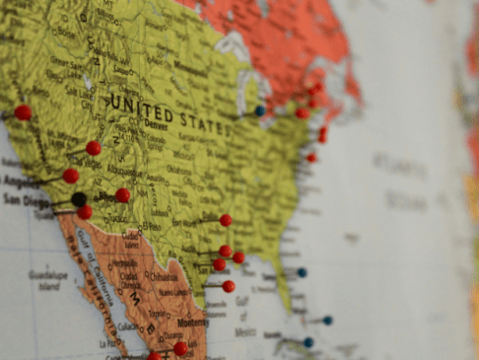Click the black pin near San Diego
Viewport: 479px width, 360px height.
click(x=79, y=199)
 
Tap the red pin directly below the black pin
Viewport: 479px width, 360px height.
click(x=85, y=212)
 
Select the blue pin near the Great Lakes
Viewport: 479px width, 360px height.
click(x=260, y=111)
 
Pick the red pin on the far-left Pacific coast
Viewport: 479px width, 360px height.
click(x=23, y=112)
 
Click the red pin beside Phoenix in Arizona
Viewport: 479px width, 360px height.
click(x=122, y=195)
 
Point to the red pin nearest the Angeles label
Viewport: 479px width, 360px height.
click(x=71, y=176)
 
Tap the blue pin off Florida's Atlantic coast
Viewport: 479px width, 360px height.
click(x=302, y=272)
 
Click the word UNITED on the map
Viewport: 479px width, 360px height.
click(x=141, y=106)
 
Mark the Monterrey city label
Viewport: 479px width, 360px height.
click(x=192, y=323)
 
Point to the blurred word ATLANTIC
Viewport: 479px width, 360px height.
click(x=399, y=167)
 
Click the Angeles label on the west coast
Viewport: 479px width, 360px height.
click(x=20, y=182)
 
